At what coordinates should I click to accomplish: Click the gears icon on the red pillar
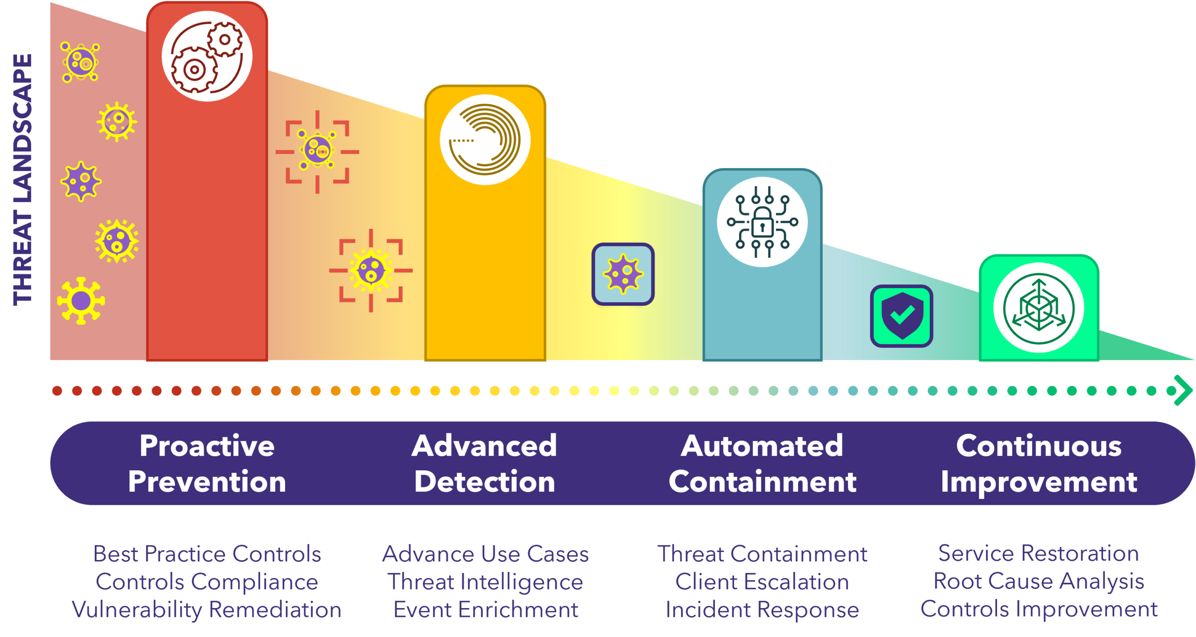207,57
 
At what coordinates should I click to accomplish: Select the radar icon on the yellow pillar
485,140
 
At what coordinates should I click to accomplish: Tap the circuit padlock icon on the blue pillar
762,222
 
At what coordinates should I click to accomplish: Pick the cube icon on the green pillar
1039,308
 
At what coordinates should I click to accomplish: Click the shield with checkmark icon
901,316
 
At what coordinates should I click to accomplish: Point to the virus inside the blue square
623,274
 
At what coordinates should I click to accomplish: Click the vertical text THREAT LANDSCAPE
22,180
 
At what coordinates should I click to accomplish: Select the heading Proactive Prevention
207,463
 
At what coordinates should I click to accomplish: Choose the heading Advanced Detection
484,463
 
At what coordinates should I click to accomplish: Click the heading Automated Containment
762,463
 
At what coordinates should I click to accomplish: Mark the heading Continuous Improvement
1039,463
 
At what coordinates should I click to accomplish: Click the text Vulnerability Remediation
206,610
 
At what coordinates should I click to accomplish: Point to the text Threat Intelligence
485,582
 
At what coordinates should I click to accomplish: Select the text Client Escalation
762,582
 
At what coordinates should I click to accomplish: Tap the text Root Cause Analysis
1039,581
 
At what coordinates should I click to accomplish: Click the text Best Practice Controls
207,554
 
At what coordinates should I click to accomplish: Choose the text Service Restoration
1039,553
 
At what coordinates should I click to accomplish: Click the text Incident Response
762,610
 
